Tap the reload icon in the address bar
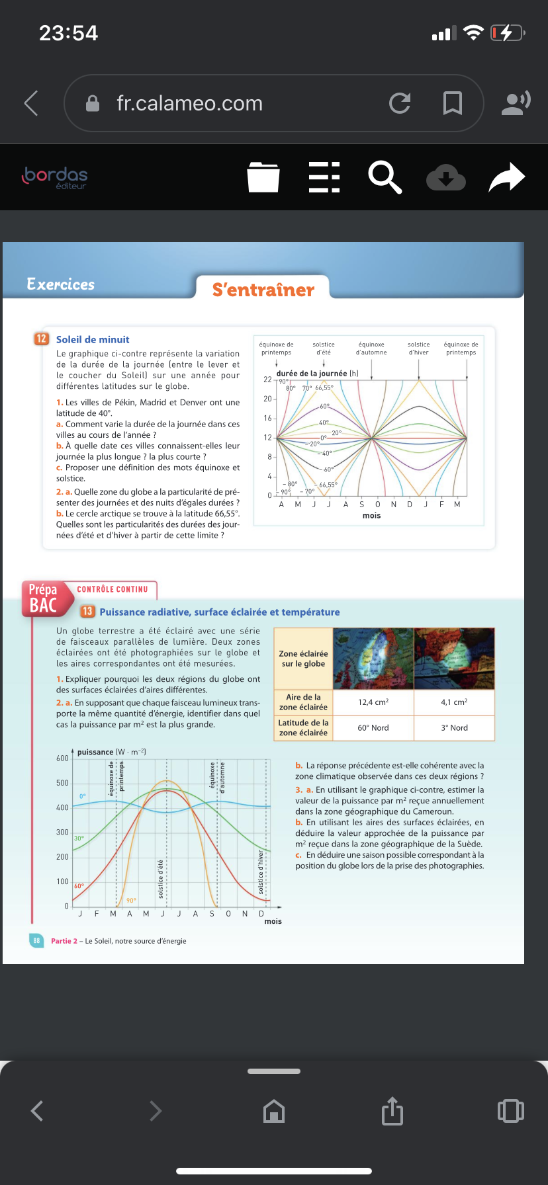pyautogui.click(x=400, y=103)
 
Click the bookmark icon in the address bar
pyautogui.click(x=453, y=103)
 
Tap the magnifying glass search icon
pyautogui.click(x=385, y=177)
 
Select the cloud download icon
pyautogui.click(x=446, y=177)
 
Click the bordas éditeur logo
pyautogui.click(x=56, y=177)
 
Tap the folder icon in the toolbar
pyautogui.click(x=263, y=177)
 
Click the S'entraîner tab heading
pyautogui.click(x=263, y=290)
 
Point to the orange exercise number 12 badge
pyautogui.click(x=41, y=339)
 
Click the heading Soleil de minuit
pyautogui.click(x=93, y=339)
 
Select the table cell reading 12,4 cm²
pyautogui.click(x=373, y=702)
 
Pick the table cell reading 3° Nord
pyautogui.click(x=454, y=727)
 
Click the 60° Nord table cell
pyautogui.click(x=373, y=727)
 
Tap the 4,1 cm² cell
pyautogui.click(x=454, y=702)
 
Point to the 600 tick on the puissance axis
pyautogui.click(x=62, y=758)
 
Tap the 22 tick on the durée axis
pyautogui.click(x=267, y=380)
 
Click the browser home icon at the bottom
pyautogui.click(x=274, y=1111)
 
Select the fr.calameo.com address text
pyautogui.click(x=190, y=103)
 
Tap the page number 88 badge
pyautogui.click(x=36, y=940)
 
